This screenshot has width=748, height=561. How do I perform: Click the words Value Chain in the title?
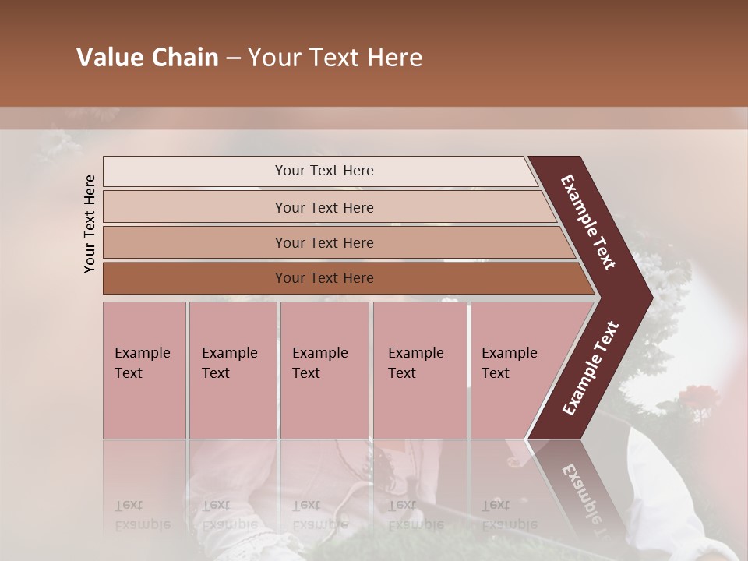[147, 58]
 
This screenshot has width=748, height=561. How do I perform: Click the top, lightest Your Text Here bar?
[324, 171]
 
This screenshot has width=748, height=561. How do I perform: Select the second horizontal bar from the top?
[324, 207]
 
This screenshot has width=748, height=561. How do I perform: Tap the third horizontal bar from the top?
[324, 242]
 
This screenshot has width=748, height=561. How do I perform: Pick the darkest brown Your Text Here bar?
[324, 278]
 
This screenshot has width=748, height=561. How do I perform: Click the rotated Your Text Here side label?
[90, 224]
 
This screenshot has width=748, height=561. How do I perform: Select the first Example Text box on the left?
[144, 369]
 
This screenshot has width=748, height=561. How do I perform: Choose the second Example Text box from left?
[232, 369]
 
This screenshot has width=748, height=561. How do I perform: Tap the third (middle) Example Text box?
[323, 369]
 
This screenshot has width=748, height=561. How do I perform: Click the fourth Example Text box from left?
[419, 369]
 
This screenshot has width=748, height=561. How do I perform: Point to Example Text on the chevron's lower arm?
[591, 368]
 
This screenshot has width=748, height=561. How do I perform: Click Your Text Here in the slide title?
[335, 58]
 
